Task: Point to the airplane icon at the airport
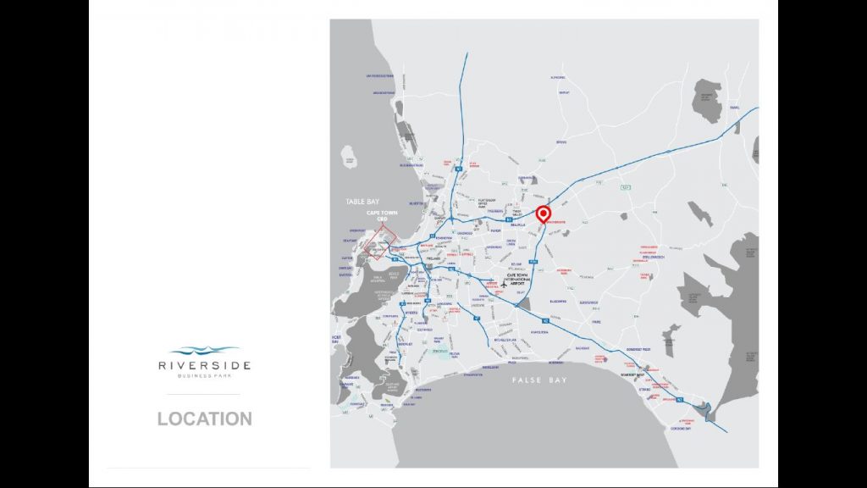[504, 285]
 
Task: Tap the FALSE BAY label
[539, 380]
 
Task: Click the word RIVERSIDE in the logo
[204, 365]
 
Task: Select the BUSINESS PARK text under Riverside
[204, 375]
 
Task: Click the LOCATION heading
[204, 419]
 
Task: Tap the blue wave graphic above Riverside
[204, 351]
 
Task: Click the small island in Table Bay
[347, 156]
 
